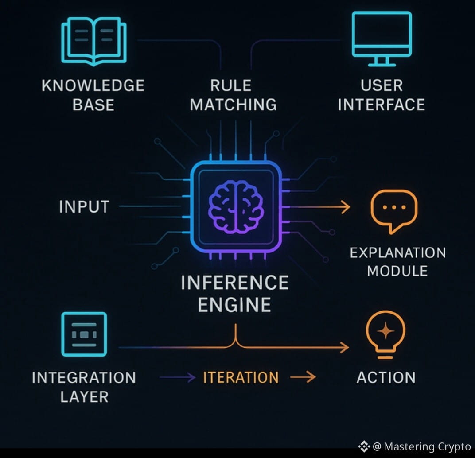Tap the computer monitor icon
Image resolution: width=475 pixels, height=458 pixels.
pyautogui.click(x=382, y=38)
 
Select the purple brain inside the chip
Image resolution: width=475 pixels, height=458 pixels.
pyautogui.click(x=236, y=207)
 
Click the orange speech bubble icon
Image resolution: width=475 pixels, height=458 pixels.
pyautogui.click(x=393, y=210)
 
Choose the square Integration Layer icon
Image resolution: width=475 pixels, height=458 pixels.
pyautogui.click(x=84, y=334)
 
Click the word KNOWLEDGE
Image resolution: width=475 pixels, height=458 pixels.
pyautogui.click(x=93, y=85)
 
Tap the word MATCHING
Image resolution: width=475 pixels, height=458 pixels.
pyautogui.click(x=234, y=105)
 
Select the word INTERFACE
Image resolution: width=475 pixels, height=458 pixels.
pyautogui.click(x=381, y=105)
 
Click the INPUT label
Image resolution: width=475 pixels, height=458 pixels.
pyautogui.click(x=84, y=207)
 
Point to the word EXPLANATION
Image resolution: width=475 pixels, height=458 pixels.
pyautogui.click(x=397, y=253)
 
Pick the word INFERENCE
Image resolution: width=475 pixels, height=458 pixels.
pyautogui.click(x=235, y=283)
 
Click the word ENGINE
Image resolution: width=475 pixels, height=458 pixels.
pyautogui.click(x=235, y=305)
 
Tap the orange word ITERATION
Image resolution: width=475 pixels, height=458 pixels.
pyautogui.click(x=241, y=377)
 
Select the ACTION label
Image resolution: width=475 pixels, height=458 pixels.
pyautogui.click(x=386, y=377)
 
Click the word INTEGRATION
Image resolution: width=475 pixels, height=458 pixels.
pyautogui.click(x=84, y=378)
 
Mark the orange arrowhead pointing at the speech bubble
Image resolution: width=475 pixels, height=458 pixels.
pyautogui.click(x=345, y=207)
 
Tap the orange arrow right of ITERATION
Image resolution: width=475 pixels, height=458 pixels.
pyautogui.click(x=304, y=377)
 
